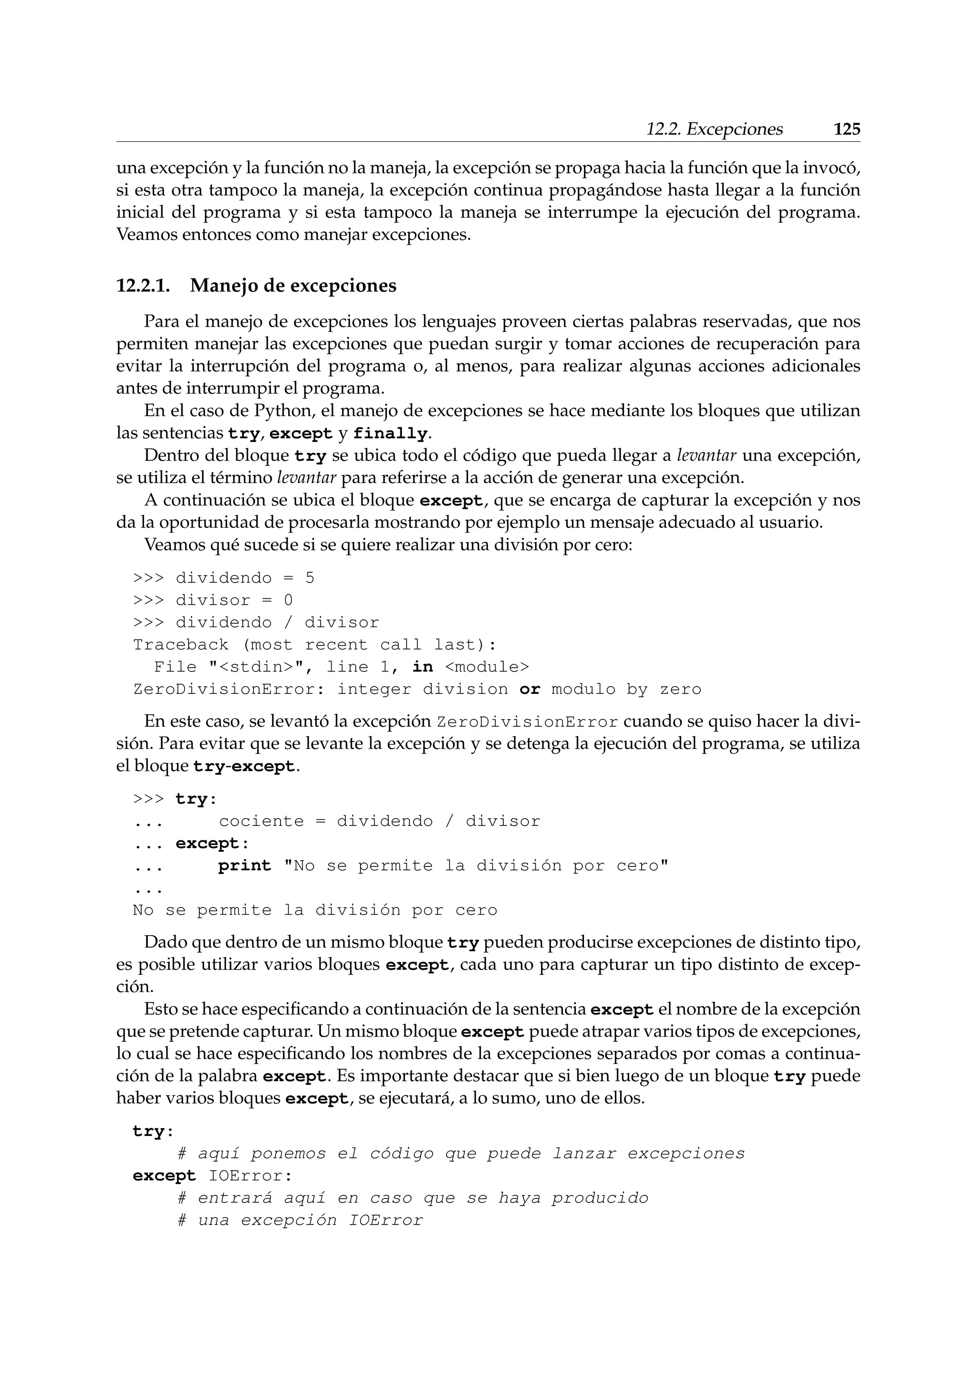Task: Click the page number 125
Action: (x=846, y=129)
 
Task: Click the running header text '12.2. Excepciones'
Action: (x=714, y=129)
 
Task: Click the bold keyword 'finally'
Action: (x=390, y=433)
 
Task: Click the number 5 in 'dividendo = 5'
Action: (x=309, y=578)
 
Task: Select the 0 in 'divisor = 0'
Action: (x=288, y=600)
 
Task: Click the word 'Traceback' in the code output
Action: (x=180, y=645)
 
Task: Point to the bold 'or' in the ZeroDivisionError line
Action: (x=530, y=689)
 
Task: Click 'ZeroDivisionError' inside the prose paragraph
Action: (x=527, y=722)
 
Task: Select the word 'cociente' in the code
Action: (x=261, y=821)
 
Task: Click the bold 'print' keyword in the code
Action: (x=244, y=866)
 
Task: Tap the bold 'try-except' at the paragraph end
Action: (x=244, y=767)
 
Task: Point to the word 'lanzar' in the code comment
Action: (x=585, y=1154)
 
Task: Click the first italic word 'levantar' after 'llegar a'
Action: (x=707, y=456)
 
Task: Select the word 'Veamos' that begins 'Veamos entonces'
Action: (x=143, y=235)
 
